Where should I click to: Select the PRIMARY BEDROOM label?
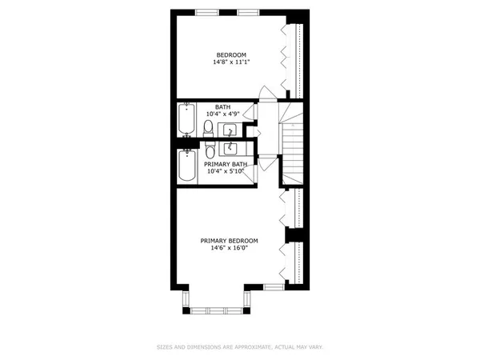[x=230, y=241]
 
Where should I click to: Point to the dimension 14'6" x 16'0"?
[x=230, y=248]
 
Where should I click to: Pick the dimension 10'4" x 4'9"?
[x=224, y=114]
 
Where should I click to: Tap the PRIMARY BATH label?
[x=224, y=163]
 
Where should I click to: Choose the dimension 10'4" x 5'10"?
[x=224, y=170]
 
